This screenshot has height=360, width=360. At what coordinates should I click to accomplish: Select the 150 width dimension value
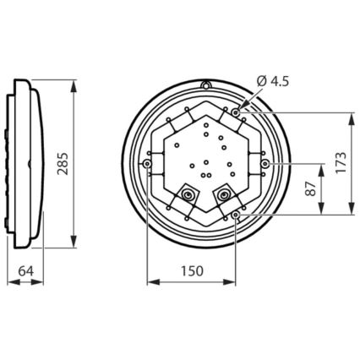pos(191,271)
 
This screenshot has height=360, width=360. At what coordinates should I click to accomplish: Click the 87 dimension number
pos(310,188)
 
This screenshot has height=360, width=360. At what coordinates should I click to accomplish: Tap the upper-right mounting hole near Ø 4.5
pos(235,112)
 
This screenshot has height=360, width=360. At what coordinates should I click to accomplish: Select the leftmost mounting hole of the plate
pos(148,162)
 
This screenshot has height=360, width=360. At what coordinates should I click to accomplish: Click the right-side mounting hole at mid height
pos(265,162)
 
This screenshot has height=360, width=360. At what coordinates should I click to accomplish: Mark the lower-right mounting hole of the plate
pos(235,215)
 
